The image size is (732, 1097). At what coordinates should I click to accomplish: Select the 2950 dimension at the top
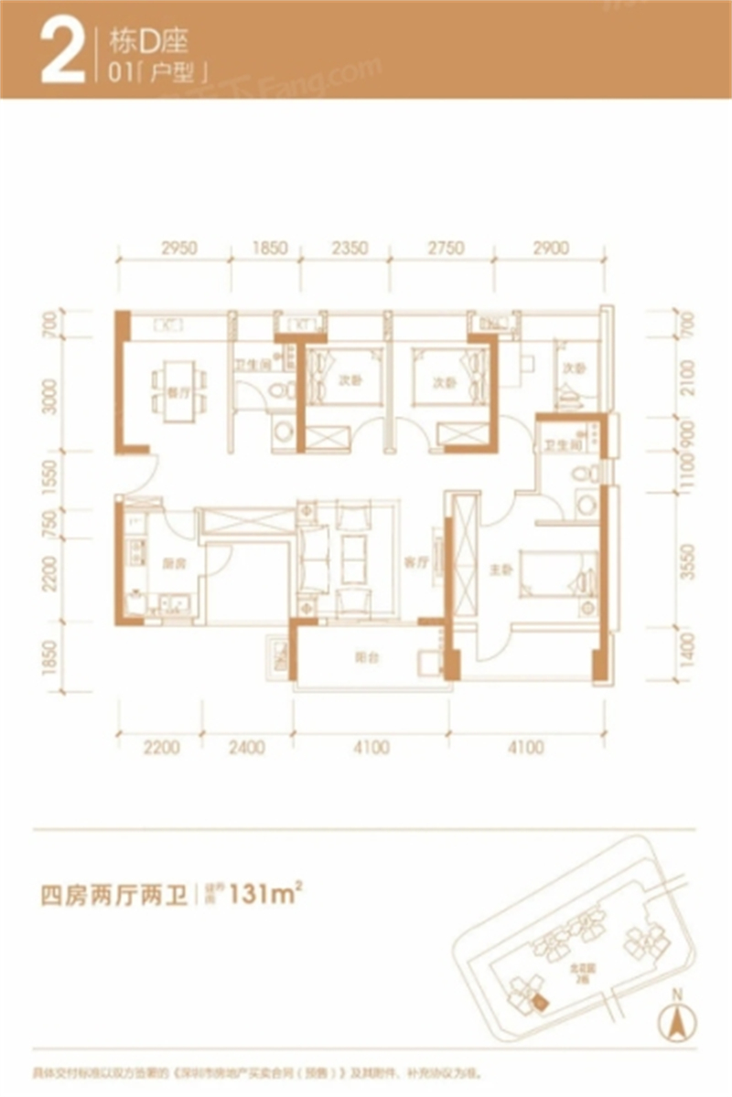click(179, 248)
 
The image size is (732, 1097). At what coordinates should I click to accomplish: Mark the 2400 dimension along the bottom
click(245, 748)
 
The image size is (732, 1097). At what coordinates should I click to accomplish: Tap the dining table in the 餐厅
click(177, 387)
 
